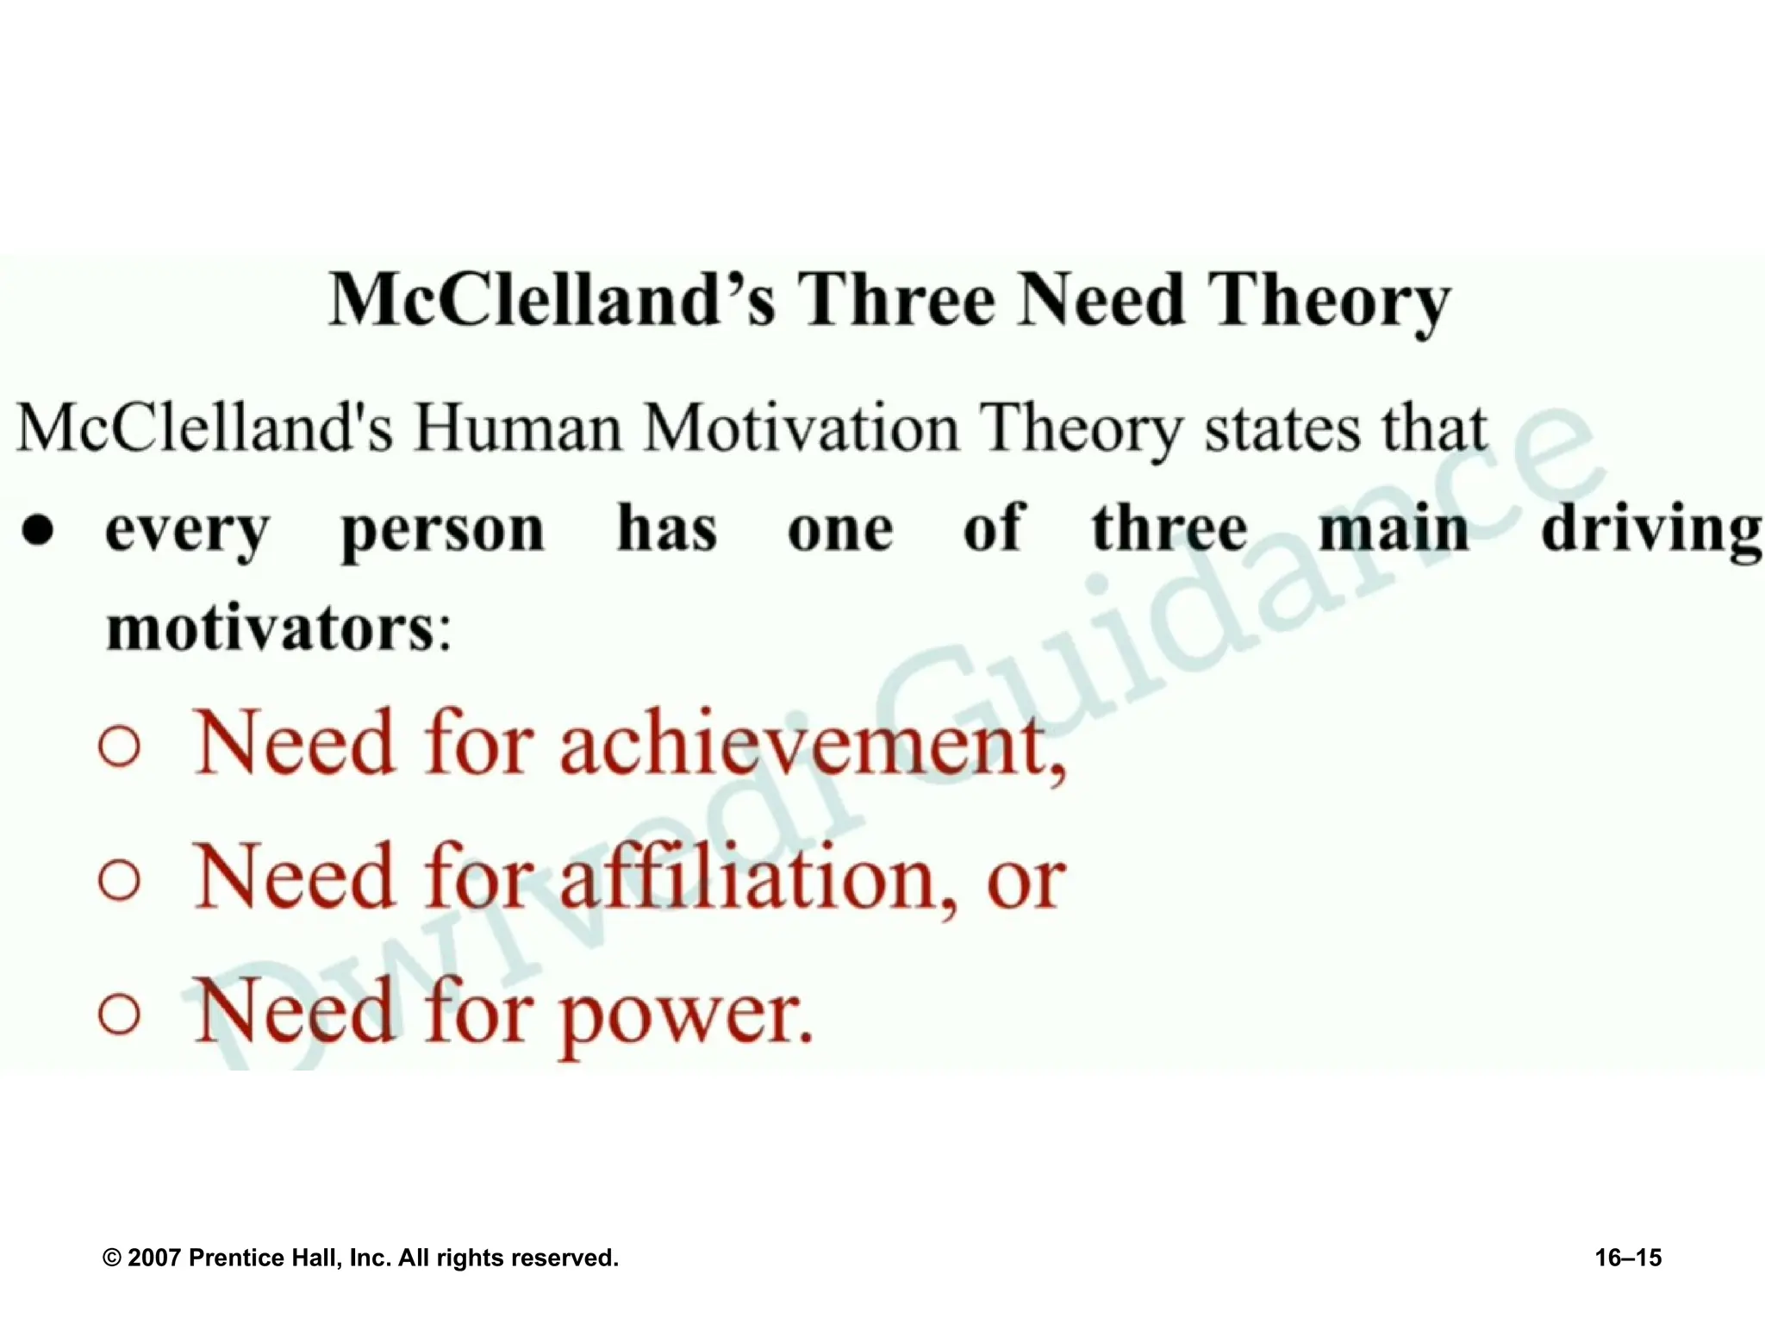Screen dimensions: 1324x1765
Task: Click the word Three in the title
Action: tap(895, 300)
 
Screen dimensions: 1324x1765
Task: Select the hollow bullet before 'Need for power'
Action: tap(120, 1015)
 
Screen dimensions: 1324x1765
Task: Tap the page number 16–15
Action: tap(1628, 1258)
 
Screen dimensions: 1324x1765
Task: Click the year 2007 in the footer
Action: tap(154, 1258)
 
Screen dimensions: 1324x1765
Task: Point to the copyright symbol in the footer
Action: tap(112, 1258)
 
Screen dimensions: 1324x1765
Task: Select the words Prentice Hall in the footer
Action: tap(265, 1258)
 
